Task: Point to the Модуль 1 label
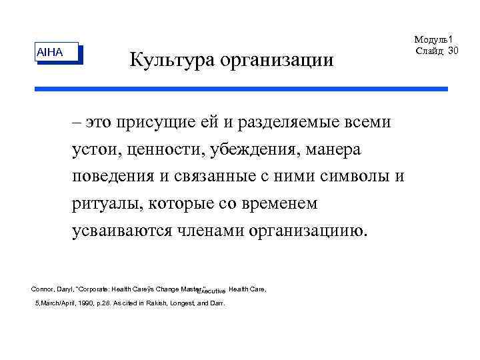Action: pos(433,41)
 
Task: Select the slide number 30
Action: pos(453,51)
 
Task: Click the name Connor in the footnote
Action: pos(43,289)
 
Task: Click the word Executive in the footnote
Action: pos(213,292)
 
